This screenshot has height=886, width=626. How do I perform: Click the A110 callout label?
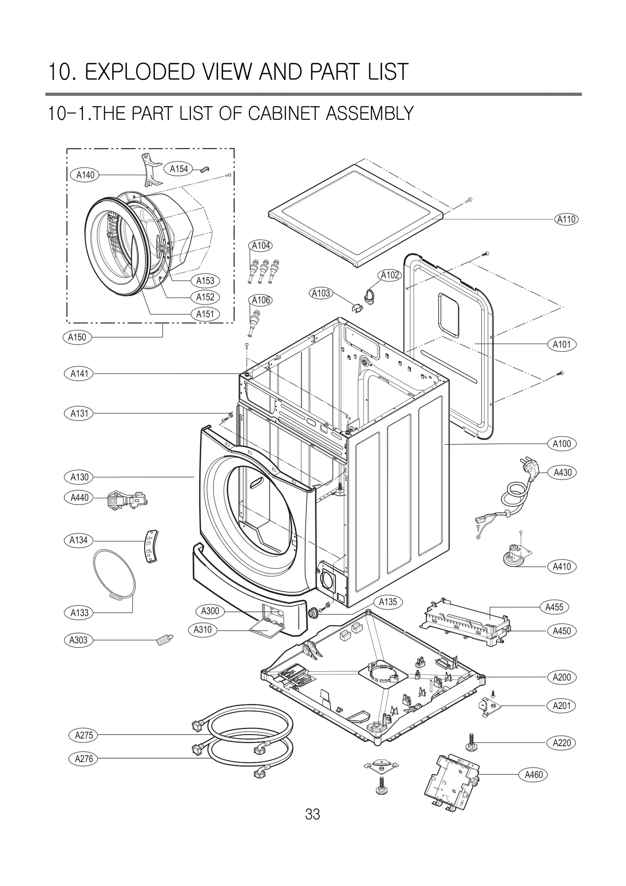(567, 219)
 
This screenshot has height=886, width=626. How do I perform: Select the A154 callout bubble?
(179, 169)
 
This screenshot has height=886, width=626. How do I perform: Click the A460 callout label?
(534, 774)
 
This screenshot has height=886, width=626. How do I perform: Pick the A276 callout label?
(84, 759)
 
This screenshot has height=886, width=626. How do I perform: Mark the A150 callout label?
(77, 337)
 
